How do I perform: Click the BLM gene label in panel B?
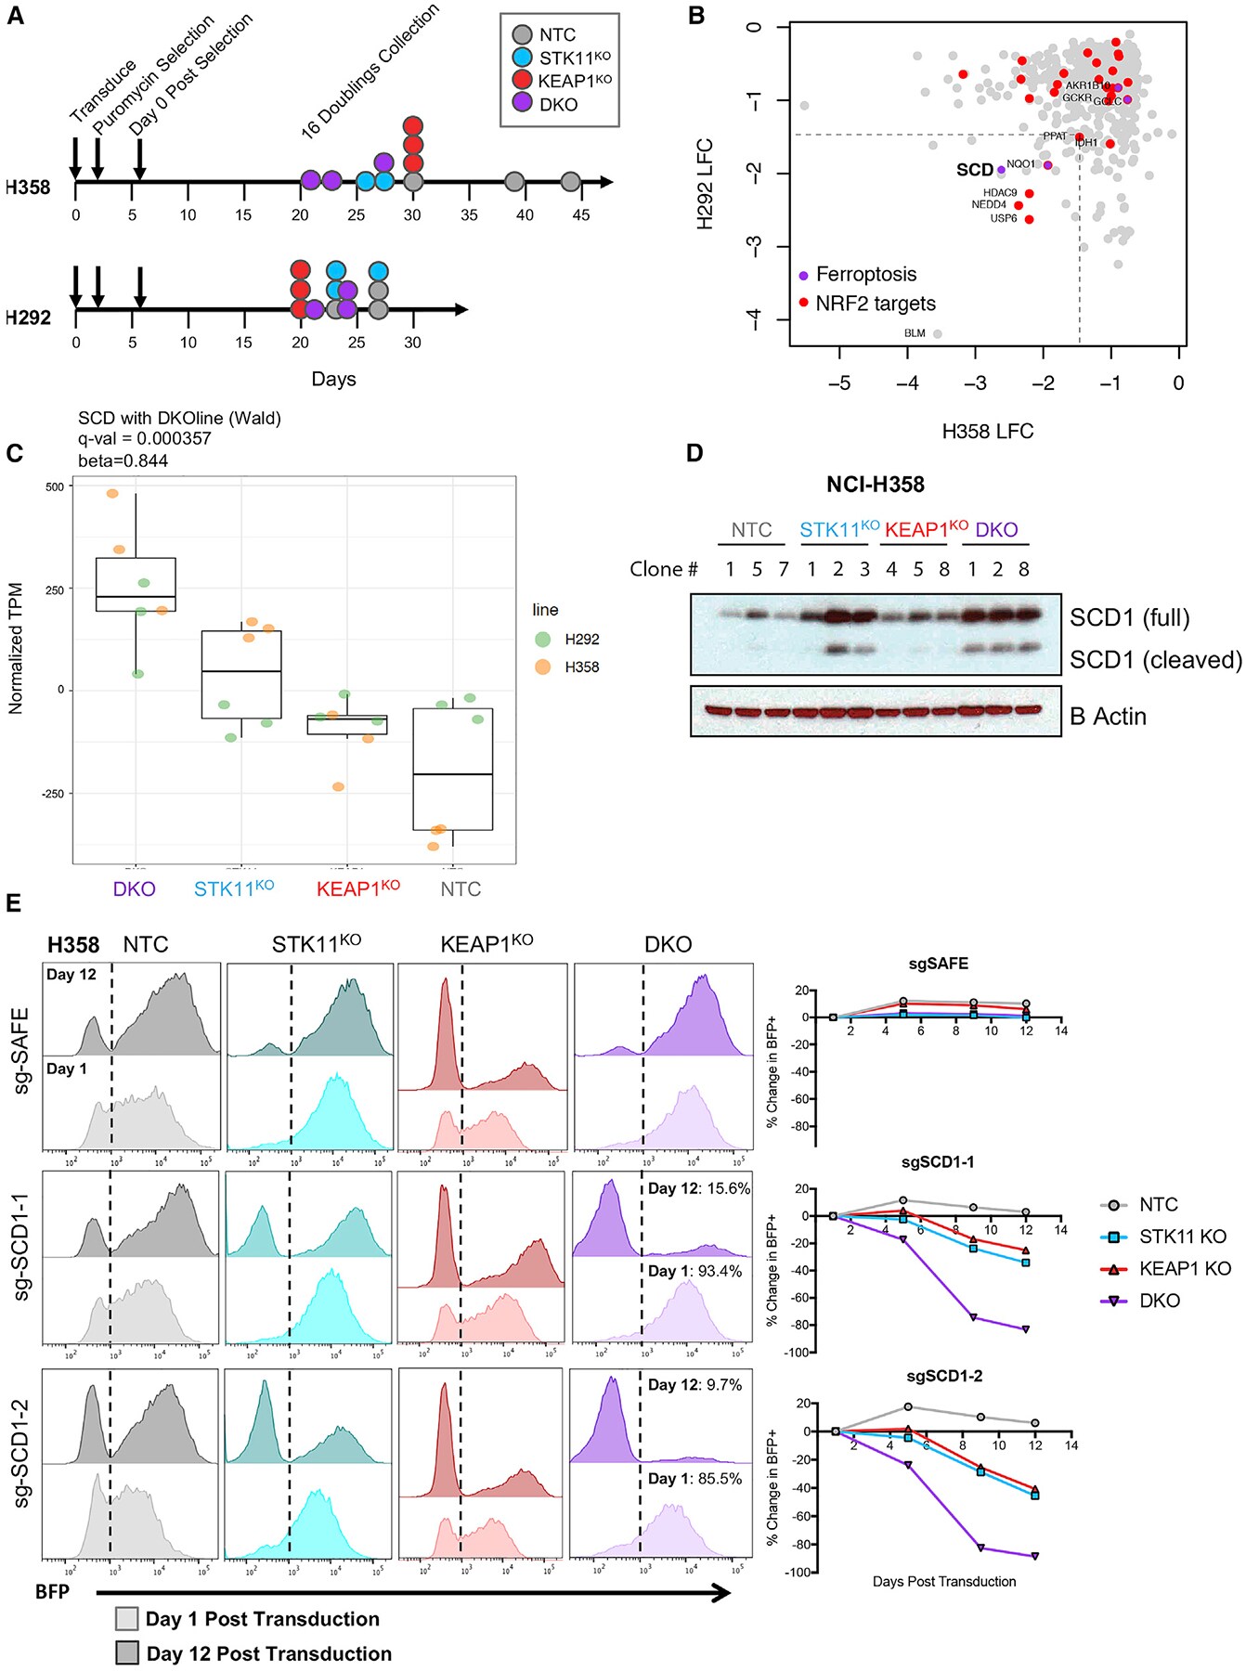[x=915, y=333]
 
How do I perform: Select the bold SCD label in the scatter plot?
[x=975, y=170]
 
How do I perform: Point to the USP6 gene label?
[x=1004, y=219]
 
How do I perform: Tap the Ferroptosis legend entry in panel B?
[x=865, y=275]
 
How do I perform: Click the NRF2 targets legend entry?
[x=875, y=304]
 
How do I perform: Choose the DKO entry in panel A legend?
[x=558, y=105]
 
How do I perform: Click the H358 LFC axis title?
[x=987, y=432]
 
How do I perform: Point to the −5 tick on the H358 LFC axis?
[x=839, y=383]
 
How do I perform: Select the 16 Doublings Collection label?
[x=370, y=72]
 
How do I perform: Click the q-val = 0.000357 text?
[x=145, y=438]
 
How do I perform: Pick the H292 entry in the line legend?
[x=581, y=640]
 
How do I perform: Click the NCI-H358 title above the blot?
[x=876, y=485]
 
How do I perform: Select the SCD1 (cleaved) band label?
[x=1155, y=660]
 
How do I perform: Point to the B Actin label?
[x=1108, y=717]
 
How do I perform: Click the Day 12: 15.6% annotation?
[x=699, y=1188]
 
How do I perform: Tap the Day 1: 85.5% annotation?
[x=694, y=1478]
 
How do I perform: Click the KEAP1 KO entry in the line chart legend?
[x=1185, y=1268]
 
